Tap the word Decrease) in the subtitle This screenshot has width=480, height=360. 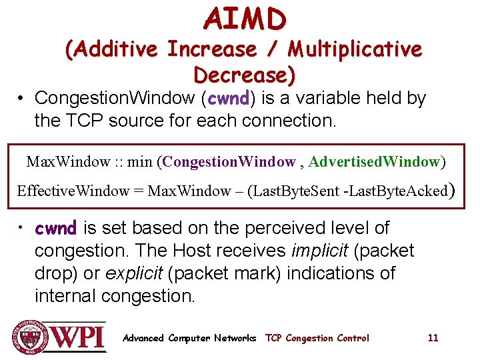[x=244, y=75]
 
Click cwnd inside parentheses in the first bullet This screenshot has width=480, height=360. [x=228, y=99]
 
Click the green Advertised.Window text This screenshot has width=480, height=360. [x=374, y=162]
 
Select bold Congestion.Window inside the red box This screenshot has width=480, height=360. [x=229, y=162]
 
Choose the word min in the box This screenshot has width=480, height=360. [x=139, y=162]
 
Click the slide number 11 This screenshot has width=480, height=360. [x=433, y=338]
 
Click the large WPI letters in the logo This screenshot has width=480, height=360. [x=79, y=337]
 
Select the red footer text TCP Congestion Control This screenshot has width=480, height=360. [x=317, y=338]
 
